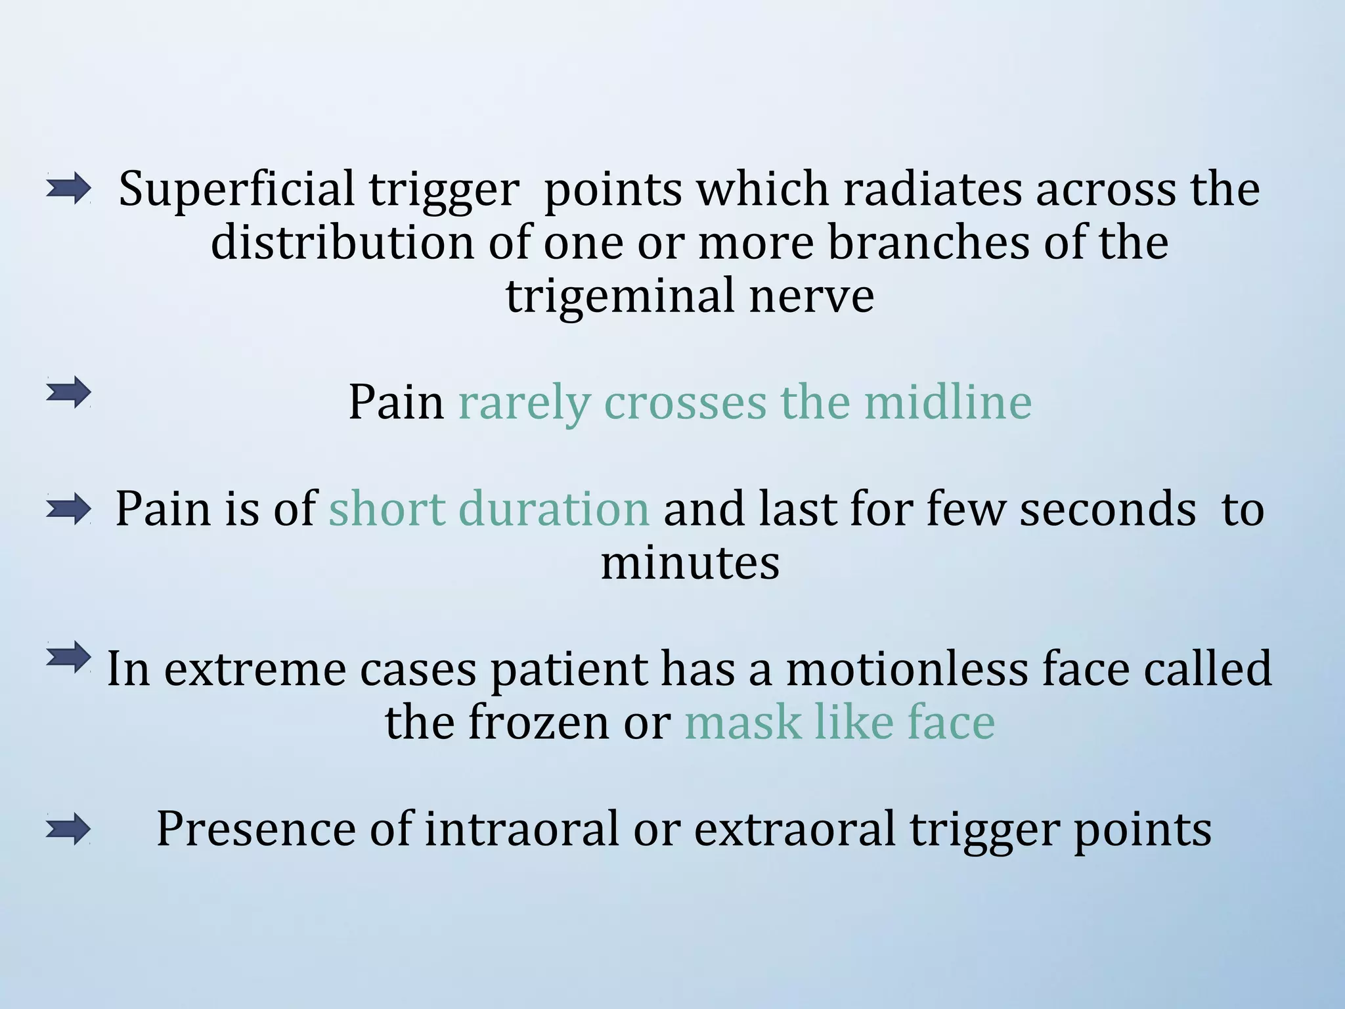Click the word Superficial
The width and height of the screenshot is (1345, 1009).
click(x=236, y=190)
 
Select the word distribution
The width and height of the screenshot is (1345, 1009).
click(x=342, y=243)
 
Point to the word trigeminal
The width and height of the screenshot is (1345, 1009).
click(x=620, y=297)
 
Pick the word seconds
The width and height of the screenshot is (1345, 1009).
click(x=1107, y=509)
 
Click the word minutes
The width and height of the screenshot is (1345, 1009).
click(x=690, y=563)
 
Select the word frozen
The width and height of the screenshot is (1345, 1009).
click(x=539, y=723)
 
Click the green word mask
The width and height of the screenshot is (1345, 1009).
click(x=743, y=723)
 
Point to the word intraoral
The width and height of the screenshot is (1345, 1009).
click(x=522, y=829)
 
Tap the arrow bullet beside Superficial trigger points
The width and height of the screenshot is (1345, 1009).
click(x=68, y=189)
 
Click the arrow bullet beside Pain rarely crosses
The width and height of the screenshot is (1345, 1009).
click(x=68, y=393)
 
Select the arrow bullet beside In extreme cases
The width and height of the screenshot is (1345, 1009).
click(x=68, y=657)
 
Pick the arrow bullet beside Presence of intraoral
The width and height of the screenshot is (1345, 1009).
click(x=68, y=829)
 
